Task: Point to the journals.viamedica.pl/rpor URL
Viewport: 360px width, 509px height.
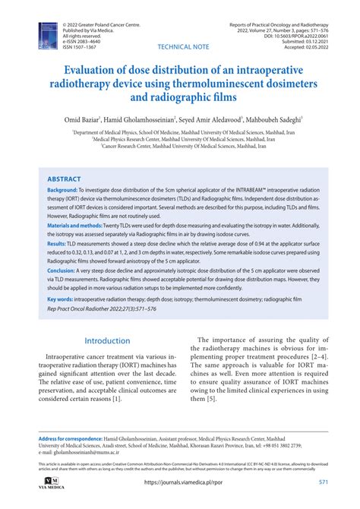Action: tap(179, 482)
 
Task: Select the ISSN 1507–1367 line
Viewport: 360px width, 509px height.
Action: tap(84, 46)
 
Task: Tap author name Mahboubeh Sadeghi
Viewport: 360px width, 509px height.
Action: tap(270, 121)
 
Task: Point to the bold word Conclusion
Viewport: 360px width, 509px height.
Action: tap(66, 291)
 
